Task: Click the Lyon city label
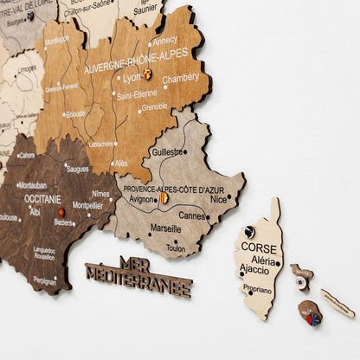pos(132,77)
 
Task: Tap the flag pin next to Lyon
pos(147,74)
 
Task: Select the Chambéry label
pos(182,77)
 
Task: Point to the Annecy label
pos(164,40)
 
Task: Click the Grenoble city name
pos(155,107)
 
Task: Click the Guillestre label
pos(168,151)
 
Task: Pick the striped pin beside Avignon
pos(163,198)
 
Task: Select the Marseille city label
pos(165,228)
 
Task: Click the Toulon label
pos(176,248)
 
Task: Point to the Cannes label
pos(192,215)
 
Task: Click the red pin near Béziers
pos(61,211)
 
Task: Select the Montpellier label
pos(87,206)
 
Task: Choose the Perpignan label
pos(45,280)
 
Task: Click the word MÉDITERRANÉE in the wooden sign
pos(138,281)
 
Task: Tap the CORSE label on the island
pos(259,247)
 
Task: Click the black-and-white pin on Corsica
pos(249,231)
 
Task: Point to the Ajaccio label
pos(254,270)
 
